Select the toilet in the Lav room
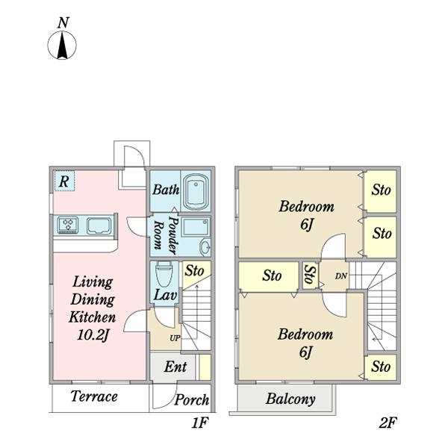(x=164, y=273)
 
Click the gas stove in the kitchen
(x=68, y=225)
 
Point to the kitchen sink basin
(x=99, y=225)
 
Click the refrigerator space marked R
(x=64, y=181)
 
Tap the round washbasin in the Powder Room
(x=205, y=246)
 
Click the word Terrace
(x=94, y=396)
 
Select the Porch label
(x=191, y=399)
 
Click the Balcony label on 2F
(x=290, y=399)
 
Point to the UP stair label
(x=175, y=338)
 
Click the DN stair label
(x=341, y=276)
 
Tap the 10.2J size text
(x=93, y=335)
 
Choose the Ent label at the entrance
(x=175, y=367)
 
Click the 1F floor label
(x=199, y=423)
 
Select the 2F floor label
(x=388, y=423)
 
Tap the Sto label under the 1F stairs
(x=194, y=270)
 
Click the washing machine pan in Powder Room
(x=196, y=228)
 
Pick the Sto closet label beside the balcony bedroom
(x=381, y=367)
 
